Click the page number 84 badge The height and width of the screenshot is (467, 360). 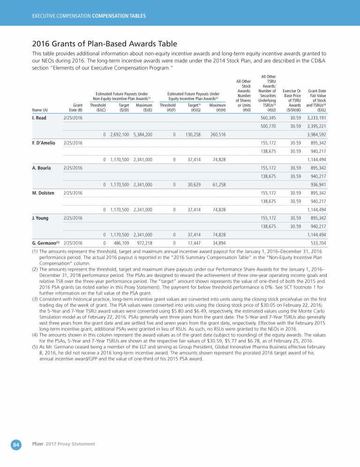point(16,445)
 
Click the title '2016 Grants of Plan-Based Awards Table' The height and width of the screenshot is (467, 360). point(104,44)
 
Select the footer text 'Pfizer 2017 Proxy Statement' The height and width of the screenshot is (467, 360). point(63,444)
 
